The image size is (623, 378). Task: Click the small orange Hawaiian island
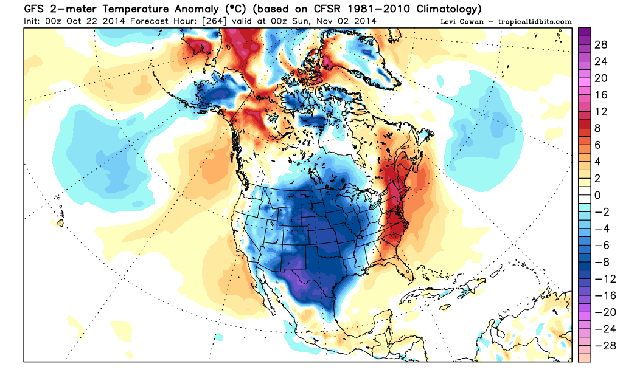point(60,224)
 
